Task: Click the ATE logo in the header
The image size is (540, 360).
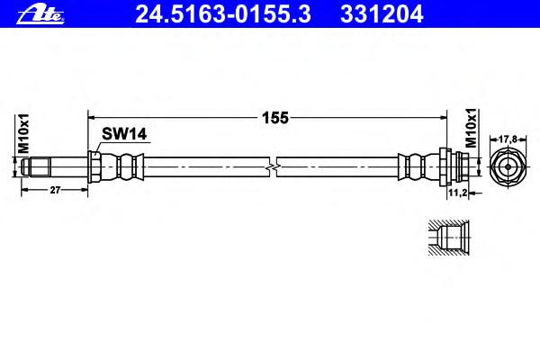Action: coord(40,14)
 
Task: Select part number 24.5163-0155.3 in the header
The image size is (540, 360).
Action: coord(223,14)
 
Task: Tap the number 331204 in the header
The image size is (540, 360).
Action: coord(382,14)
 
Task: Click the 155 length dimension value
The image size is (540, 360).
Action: coord(275,118)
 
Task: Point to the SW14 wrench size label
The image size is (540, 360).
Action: coord(124,134)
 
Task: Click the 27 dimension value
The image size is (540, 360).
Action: coord(55,190)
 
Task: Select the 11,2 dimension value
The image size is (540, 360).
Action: coord(457,193)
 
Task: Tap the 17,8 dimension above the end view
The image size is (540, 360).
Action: coord(508,139)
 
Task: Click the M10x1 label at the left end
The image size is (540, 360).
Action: coord(23,133)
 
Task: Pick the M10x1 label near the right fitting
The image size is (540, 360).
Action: coord(471,128)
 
